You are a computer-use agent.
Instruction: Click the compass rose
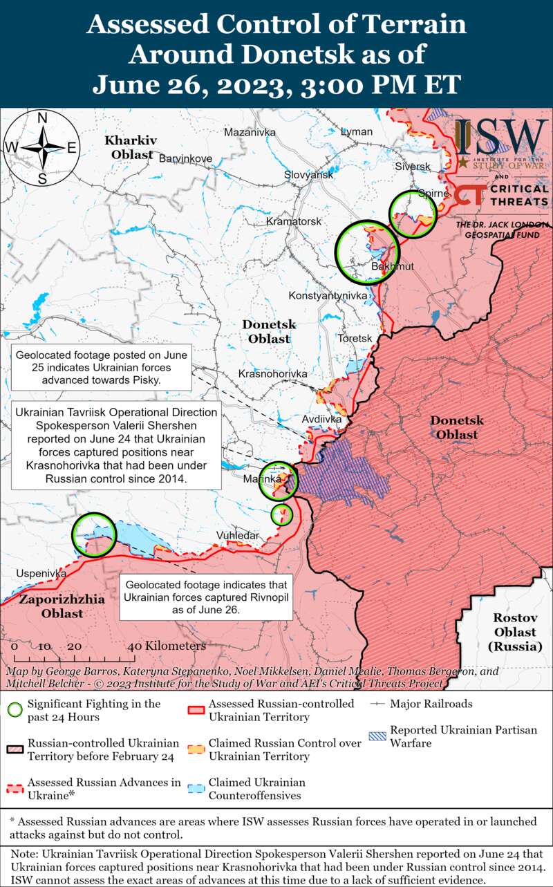[x=41, y=148]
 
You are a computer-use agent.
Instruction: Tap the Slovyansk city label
[x=308, y=175]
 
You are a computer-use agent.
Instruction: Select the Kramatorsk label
[x=294, y=222]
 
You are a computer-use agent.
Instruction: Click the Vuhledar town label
[x=238, y=536]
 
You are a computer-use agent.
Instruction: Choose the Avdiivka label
[x=322, y=419]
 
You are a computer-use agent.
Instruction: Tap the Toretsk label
[x=355, y=338]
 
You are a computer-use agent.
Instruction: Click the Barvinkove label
[x=185, y=158]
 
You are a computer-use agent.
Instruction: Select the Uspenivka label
[x=41, y=574]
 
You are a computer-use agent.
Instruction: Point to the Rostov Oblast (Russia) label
[x=514, y=632]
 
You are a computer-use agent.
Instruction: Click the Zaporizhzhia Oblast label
[x=62, y=606]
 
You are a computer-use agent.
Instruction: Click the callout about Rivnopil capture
[x=206, y=597]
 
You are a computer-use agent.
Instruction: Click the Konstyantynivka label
[x=327, y=296]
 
